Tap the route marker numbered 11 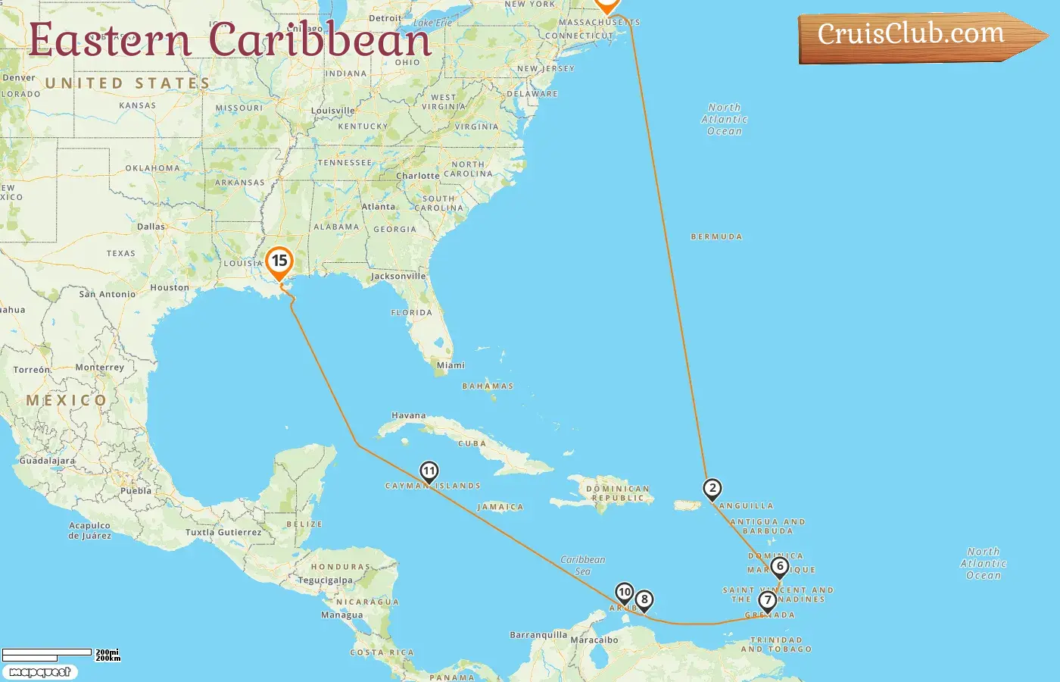point(429,472)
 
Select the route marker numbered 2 point(712,489)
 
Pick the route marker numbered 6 point(780,567)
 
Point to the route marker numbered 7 point(767,601)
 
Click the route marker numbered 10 point(625,593)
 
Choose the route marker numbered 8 point(644,600)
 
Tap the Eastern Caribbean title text point(230,40)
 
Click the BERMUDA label point(716,237)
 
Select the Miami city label point(450,365)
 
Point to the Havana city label point(409,415)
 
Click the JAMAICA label point(500,507)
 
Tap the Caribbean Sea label point(583,565)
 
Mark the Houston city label point(170,288)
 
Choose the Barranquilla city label point(538,635)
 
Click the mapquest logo point(40,672)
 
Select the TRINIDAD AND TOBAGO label point(776,645)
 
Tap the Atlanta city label point(378,207)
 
